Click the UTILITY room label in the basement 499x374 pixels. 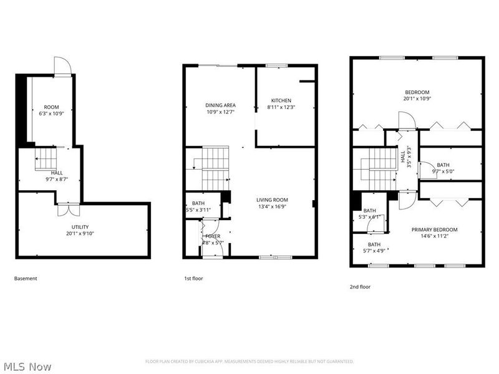79,227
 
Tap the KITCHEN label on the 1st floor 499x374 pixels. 281,100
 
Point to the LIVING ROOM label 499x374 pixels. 272,200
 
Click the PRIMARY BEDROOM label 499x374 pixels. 434,229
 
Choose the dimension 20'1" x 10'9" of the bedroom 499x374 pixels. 417,98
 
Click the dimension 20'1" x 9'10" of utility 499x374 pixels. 79,234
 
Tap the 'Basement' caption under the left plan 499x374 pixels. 26,279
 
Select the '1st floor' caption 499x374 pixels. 193,279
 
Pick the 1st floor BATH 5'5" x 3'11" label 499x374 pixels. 198,207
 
